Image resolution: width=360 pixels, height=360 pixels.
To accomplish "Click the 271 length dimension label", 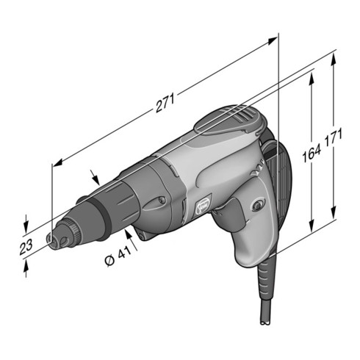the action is pyautogui.click(x=165, y=102).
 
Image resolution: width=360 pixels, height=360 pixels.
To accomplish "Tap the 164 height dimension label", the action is pyautogui.click(x=312, y=153).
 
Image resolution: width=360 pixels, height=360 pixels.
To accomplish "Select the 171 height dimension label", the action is pyautogui.click(x=334, y=138).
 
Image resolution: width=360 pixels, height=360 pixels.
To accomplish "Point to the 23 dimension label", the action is pyautogui.click(x=26, y=247).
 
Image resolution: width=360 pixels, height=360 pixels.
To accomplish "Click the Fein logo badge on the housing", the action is pyautogui.click(x=204, y=205).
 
